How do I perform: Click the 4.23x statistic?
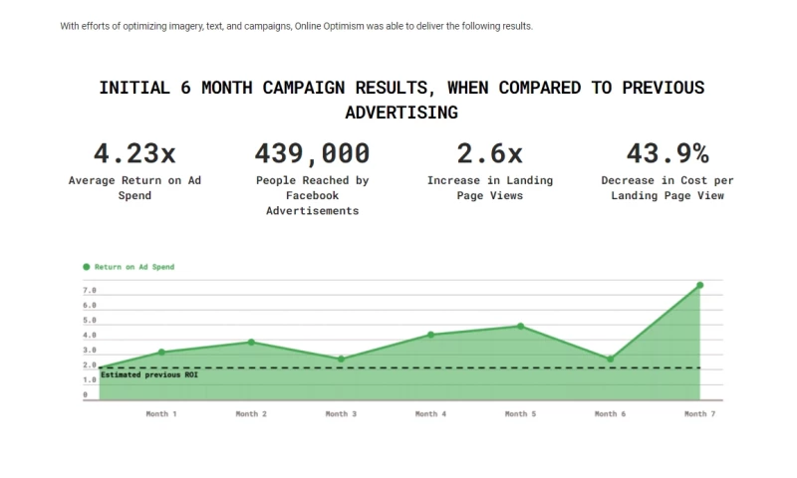134,153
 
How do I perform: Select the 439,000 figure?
312,153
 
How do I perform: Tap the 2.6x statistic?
489,153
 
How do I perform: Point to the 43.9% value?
666,153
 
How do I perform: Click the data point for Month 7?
699,285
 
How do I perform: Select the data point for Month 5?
520,326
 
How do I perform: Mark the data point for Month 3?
341,358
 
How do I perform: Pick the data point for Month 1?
161,352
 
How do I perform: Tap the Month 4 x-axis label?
430,413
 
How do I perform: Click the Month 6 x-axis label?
610,413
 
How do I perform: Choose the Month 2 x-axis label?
251,413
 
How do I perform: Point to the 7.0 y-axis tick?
90,290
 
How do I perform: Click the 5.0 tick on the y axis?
90,320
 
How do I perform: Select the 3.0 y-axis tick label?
90,350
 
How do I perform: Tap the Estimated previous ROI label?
141,374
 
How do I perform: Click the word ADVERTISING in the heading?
401,113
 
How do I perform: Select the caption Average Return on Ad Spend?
134,188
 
